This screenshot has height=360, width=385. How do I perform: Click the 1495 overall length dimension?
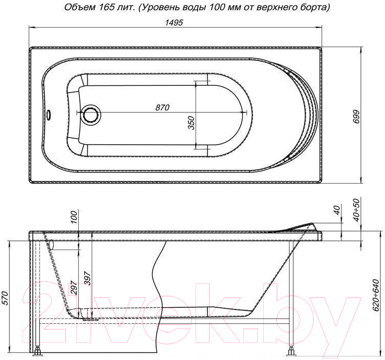[x=174, y=22]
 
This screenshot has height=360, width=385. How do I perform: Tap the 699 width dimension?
[x=356, y=117]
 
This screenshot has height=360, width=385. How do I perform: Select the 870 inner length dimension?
[x=162, y=107]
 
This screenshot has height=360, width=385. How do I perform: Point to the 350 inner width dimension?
[x=191, y=123]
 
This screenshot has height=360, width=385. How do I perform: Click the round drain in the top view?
[x=91, y=114]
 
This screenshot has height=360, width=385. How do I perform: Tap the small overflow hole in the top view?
[x=49, y=114]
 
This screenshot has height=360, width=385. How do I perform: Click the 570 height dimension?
[x=5, y=298]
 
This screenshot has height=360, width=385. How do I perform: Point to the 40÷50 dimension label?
[x=356, y=210]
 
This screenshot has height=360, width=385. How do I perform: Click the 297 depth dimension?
[x=74, y=287]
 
